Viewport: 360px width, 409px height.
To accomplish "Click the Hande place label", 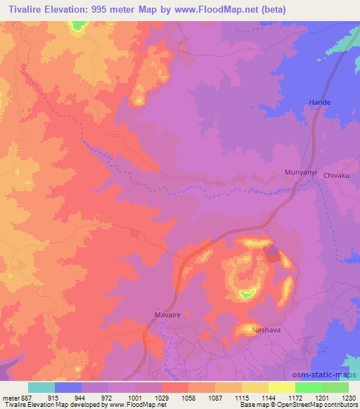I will coord(320,103).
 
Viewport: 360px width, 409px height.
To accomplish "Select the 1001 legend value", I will coord(135,396).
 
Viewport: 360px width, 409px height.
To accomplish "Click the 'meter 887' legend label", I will coord(15,396).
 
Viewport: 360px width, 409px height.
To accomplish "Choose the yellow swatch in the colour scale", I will coord(281,387).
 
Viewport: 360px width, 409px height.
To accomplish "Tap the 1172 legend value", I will coord(295,396).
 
